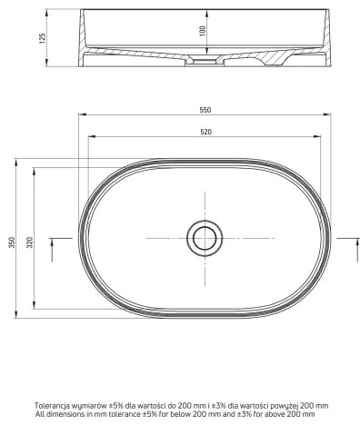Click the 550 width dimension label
205,110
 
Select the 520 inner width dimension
205,133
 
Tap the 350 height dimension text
11,245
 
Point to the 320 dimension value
31,239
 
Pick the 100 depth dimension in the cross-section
203,30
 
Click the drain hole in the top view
204,238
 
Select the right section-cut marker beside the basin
350,240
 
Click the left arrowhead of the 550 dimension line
82,115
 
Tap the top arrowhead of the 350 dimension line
15,160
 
